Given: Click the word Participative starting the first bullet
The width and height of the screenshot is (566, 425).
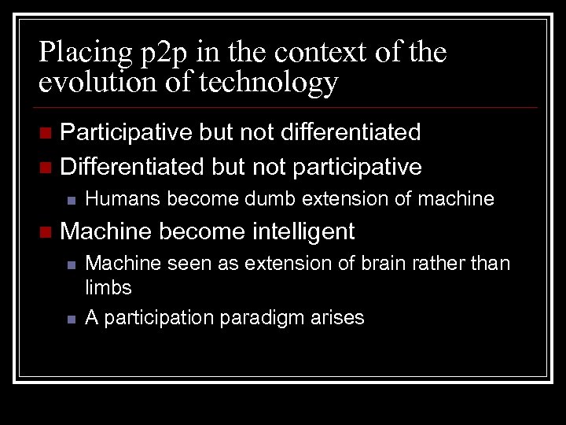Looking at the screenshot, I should tap(126, 132).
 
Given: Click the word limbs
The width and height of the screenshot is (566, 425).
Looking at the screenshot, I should tap(108, 287).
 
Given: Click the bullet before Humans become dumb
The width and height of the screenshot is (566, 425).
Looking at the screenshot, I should tap(70, 200).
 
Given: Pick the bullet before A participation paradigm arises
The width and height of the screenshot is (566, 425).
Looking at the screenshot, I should tap(70, 319).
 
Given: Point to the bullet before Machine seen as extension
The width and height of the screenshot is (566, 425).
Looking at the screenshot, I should tap(70, 264).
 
